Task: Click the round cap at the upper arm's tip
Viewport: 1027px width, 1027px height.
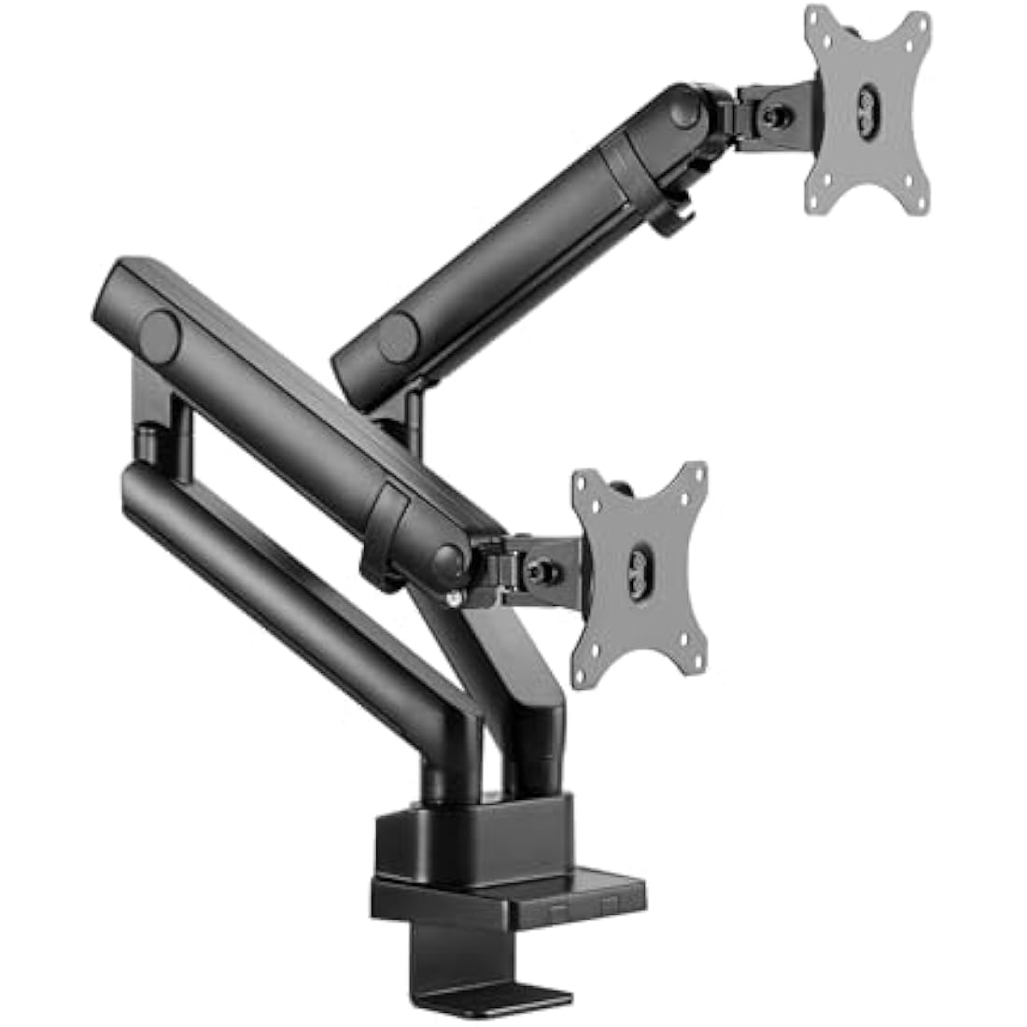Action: (x=688, y=112)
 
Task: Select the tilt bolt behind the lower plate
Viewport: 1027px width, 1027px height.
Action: (x=541, y=567)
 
